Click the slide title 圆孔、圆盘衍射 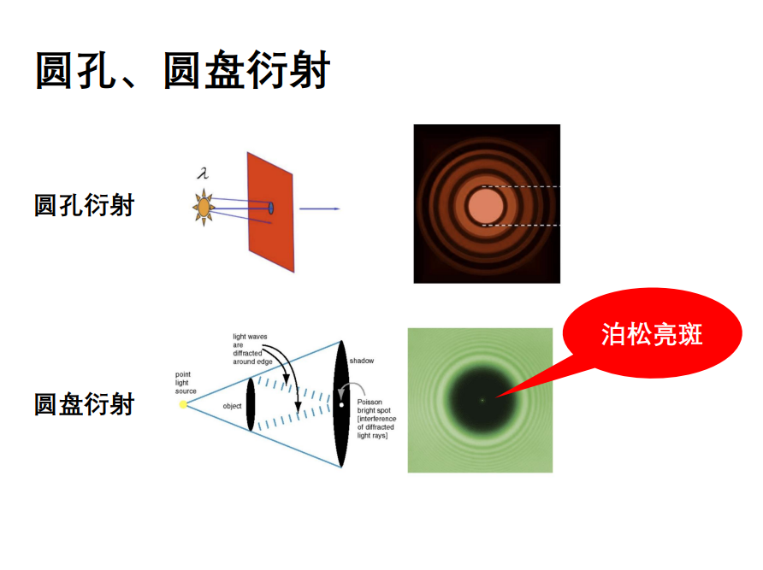click(183, 71)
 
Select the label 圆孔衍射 click(84, 205)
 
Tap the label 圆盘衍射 click(84, 404)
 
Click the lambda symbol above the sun click(203, 173)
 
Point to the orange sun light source click(204, 208)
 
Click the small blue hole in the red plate click(271, 209)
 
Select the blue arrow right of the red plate click(319, 209)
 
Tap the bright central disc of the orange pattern click(486, 205)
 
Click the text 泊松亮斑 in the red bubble click(652, 334)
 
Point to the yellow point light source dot click(183, 404)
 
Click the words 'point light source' click(186, 383)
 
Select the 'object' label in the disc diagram click(232, 406)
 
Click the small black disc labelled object click(251, 405)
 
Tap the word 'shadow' click(362, 361)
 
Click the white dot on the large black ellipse click(341, 405)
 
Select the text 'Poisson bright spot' click(374, 406)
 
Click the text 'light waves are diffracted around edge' click(252, 350)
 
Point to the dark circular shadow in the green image click(481, 400)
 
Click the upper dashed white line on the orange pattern click(521, 187)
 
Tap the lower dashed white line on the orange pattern click(521, 225)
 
